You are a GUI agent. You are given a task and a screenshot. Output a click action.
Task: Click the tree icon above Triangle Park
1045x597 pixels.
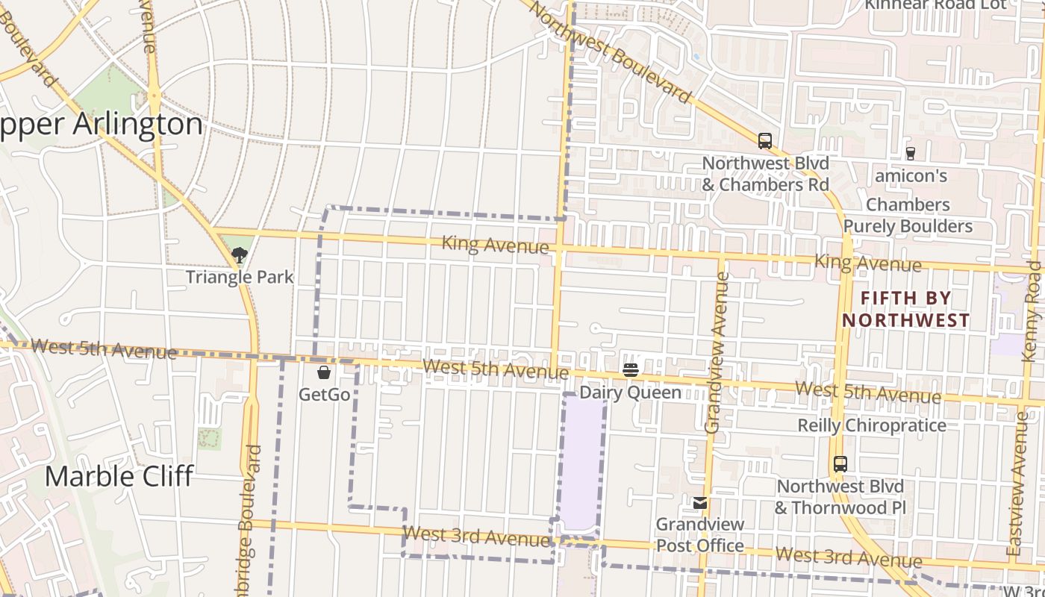coord(239,255)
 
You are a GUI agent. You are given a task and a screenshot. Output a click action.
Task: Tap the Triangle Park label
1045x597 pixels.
coord(239,278)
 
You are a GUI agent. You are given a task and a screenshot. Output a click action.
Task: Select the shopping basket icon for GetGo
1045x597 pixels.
coord(324,372)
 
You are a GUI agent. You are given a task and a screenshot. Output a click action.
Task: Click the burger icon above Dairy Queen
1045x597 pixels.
coord(631,369)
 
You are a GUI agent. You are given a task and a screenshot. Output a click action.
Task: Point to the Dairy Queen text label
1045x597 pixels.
coord(631,393)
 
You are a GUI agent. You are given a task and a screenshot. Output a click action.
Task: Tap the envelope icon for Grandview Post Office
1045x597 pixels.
coord(700,503)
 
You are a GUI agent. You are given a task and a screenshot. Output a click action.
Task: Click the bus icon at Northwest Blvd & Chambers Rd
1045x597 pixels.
coord(764,141)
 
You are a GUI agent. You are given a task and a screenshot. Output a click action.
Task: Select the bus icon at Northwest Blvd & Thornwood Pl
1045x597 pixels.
coord(840,464)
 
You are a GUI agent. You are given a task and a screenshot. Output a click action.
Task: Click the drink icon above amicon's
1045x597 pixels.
coord(910,154)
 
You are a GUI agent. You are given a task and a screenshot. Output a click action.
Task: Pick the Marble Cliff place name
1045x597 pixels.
coord(119,476)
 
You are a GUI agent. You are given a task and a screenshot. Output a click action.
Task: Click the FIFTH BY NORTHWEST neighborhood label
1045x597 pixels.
coord(906,310)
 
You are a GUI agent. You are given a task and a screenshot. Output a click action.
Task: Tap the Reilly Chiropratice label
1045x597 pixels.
coord(872,425)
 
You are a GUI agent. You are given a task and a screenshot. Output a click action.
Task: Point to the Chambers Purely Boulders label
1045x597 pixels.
coord(908,216)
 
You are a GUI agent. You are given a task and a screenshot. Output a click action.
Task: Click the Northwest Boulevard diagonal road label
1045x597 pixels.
coord(611,51)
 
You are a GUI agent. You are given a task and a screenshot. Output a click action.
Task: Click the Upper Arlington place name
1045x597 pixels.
coord(101,125)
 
